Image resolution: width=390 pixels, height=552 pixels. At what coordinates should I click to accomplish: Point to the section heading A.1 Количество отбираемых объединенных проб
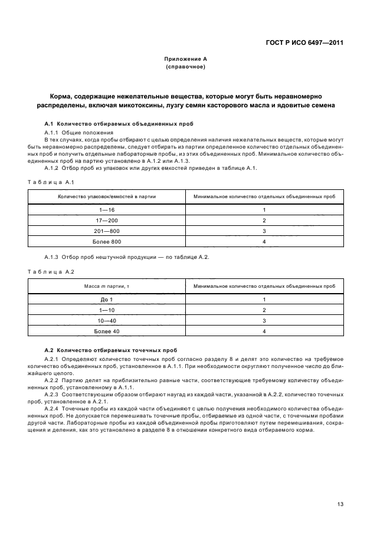point(120,124)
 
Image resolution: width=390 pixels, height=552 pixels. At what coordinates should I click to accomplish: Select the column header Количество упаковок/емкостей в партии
point(107,196)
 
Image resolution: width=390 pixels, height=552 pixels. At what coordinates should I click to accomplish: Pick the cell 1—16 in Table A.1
point(107,210)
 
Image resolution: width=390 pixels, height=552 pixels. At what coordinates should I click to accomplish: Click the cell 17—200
point(107,221)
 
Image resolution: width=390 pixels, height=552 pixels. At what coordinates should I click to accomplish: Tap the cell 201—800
point(107,231)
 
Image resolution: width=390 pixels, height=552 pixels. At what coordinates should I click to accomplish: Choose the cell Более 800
point(107,242)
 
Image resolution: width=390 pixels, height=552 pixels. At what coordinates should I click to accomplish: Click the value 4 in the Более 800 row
point(264,242)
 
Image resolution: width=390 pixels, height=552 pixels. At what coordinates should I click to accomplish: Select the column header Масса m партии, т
point(107,285)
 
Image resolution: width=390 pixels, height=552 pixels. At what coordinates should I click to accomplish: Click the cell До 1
point(107,300)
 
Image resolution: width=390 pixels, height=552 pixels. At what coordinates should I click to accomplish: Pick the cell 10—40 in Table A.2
point(107,321)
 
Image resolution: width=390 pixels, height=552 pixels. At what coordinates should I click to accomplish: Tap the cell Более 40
point(107,331)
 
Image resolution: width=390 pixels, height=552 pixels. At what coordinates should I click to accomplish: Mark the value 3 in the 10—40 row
point(264,321)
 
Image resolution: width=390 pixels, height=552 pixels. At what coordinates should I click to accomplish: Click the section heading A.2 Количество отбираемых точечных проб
point(112,350)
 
